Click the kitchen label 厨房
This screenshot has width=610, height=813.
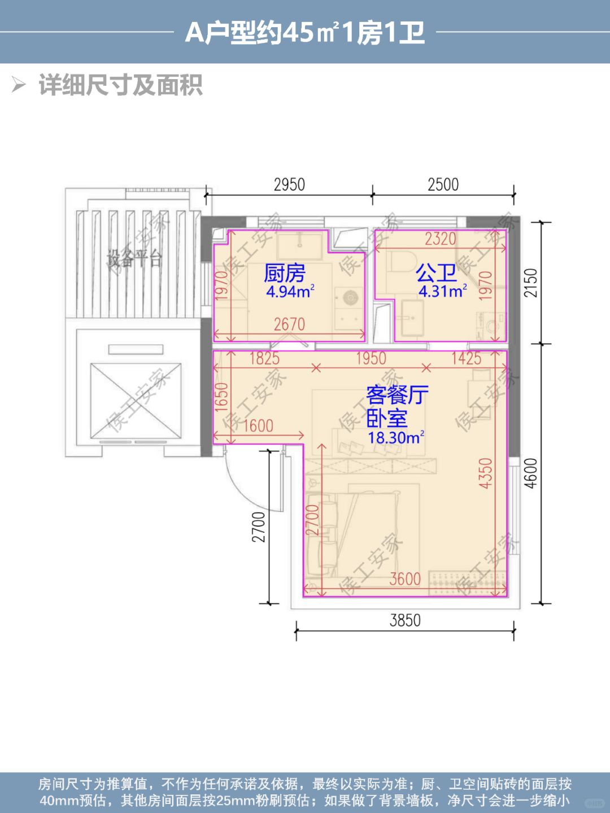(x=284, y=273)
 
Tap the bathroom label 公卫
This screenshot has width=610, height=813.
(x=436, y=273)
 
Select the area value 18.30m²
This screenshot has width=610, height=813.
(x=396, y=438)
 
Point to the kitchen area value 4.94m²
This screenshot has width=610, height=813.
(x=290, y=292)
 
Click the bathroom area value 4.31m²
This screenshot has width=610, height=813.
(x=442, y=292)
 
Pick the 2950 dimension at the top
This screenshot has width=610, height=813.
(x=289, y=184)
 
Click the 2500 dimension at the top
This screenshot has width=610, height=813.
(x=443, y=184)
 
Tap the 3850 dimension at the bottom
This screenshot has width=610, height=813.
(x=405, y=620)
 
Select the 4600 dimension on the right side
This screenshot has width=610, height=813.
(x=531, y=473)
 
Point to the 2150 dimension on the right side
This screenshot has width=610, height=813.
(x=531, y=283)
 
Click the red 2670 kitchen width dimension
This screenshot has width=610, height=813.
(x=289, y=324)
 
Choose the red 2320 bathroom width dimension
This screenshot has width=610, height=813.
(x=440, y=240)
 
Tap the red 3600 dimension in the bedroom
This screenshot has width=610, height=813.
(x=405, y=579)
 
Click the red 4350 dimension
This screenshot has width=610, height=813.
(x=486, y=473)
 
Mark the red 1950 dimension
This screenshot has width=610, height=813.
(x=371, y=358)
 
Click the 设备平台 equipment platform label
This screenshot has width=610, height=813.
(x=135, y=259)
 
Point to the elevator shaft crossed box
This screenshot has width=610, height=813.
(x=136, y=401)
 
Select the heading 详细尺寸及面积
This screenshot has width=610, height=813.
(x=121, y=85)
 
